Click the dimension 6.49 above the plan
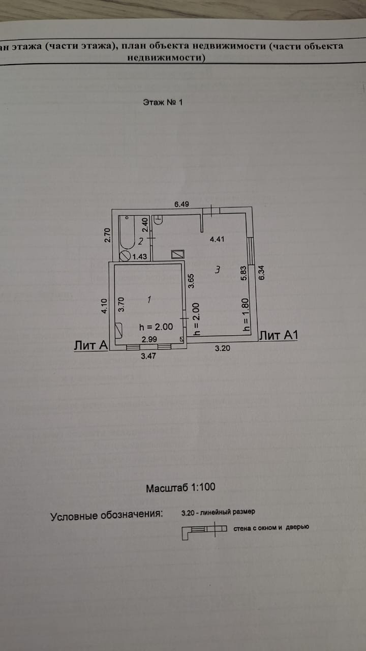click(x=181, y=204)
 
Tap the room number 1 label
click(x=149, y=300)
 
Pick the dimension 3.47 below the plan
click(x=148, y=356)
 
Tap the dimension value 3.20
click(x=222, y=348)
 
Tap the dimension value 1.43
click(x=139, y=257)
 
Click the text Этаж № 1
click(x=163, y=102)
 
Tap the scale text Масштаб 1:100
click(x=180, y=487)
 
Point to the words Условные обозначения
click(x=107, y=515)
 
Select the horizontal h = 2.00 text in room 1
click(x=156, y=327)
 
